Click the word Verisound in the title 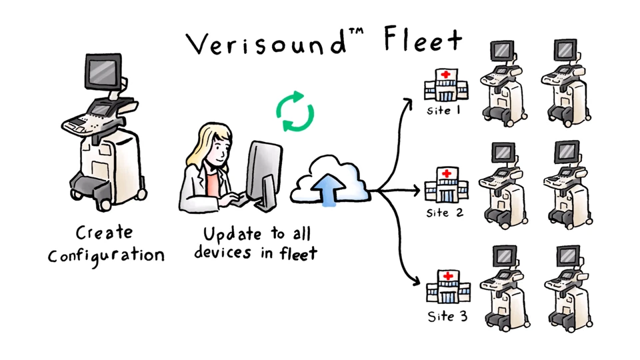click(x=267, y=45)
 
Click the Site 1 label click(x=444, y=111)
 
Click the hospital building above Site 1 click(x=445, y=85)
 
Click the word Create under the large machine click(x=104, y=233)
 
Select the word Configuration click(x=106, y=255)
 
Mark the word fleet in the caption click(x=298, y=253)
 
